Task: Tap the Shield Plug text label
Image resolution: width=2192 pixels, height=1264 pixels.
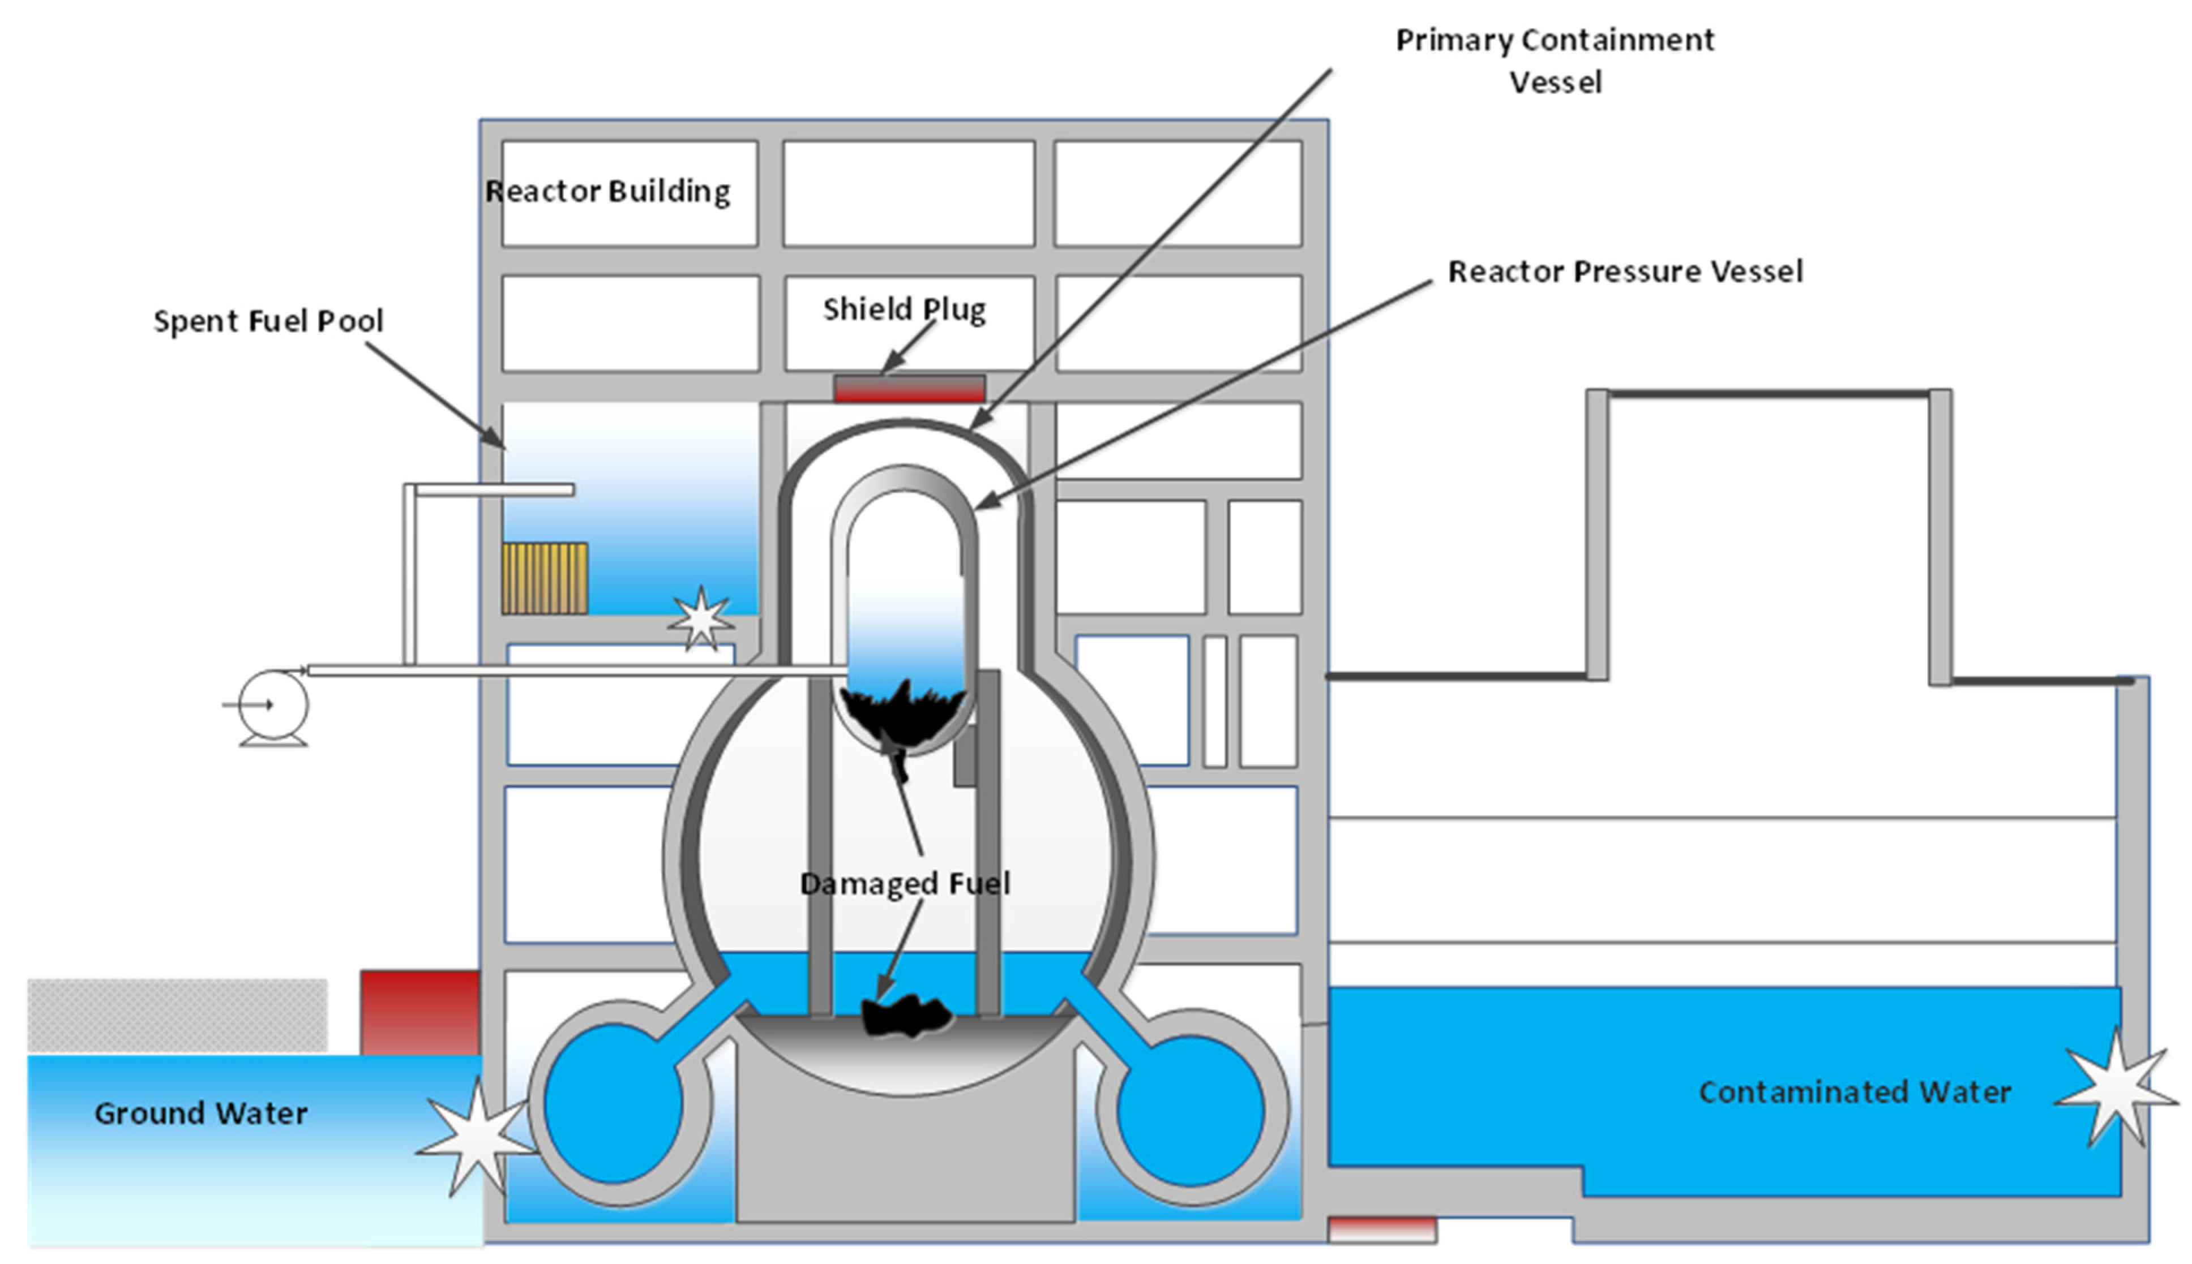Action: click(x=904, y=309)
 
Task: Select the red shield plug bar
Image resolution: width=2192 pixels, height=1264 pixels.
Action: click(x=909, y=388)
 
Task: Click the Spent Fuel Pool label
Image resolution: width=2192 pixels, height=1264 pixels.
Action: click(x=268, y=321)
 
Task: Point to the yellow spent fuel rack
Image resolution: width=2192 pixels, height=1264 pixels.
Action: click(x=545, y=578)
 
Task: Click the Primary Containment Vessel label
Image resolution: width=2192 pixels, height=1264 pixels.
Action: click(x=1555, y=61)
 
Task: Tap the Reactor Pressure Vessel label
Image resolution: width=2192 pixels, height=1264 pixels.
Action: click(x=1625, y=272)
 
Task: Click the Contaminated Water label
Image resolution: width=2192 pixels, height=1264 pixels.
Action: click(x=1854, y=1092)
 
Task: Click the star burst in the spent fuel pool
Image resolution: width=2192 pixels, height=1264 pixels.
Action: click(x=700, y=618)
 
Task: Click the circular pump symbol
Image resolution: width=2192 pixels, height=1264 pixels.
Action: click(x=273, y=705)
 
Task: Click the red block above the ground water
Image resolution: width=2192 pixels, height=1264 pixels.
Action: click(x=419, y=1012)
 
